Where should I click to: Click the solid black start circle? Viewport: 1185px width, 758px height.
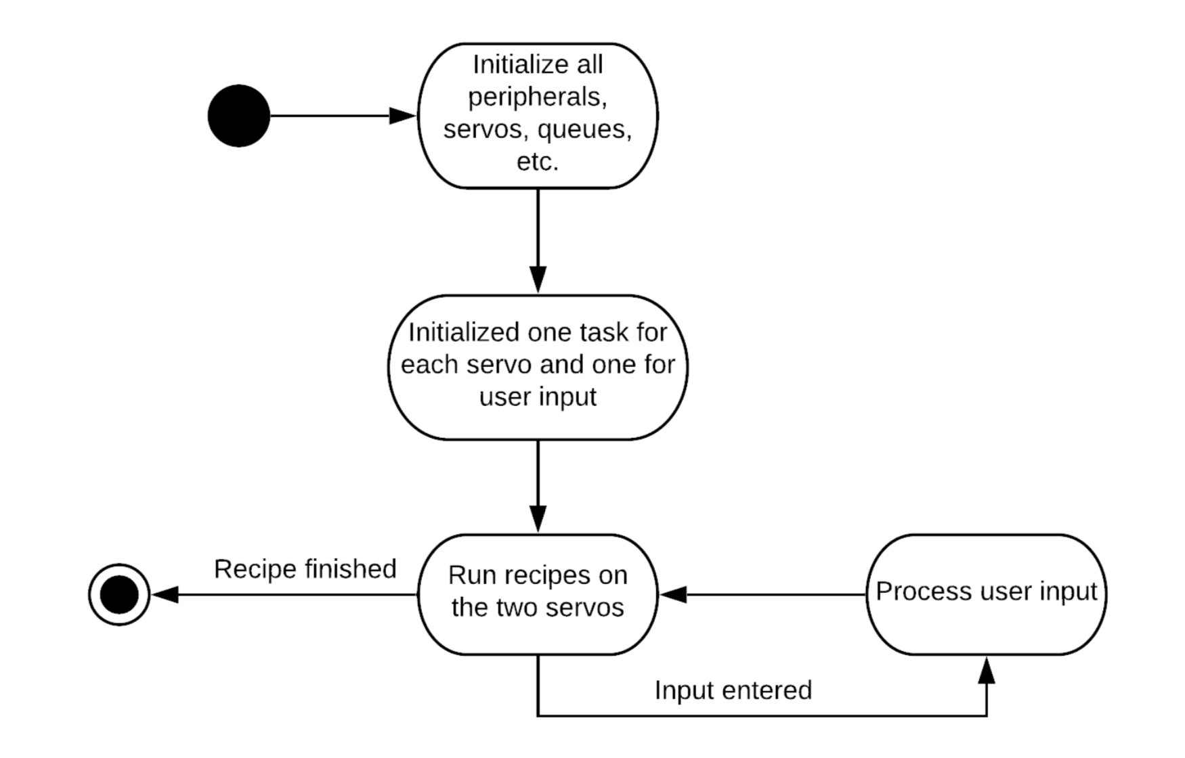pyautogui.click(x=238, y=116)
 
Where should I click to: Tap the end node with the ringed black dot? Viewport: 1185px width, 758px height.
pyautogui.click(x=119, y=595)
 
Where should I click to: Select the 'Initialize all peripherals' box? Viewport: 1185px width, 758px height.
pyautogui.click(x=538, y=116)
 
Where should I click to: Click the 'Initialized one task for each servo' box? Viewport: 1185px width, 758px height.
pyautogui.click(x=538, y=367)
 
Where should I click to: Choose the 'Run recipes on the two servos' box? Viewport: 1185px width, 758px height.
pyautogui.click(x=538, y=594)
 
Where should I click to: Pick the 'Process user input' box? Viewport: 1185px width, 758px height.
pyautogui.click(x=986, y=594)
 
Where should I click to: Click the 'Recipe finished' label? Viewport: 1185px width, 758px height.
pyautogui.click(x=305, y=569)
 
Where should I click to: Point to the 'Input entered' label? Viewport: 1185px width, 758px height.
pyautogui.click(x=733, y=690)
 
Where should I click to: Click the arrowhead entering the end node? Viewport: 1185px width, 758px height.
pyautogui.click(x=165, y=595)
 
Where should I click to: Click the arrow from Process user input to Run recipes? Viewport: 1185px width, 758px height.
pyautogui.click(x=765, y=595)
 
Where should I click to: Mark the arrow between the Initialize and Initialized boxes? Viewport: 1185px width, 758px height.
pyautogui.click(x=538, y=237)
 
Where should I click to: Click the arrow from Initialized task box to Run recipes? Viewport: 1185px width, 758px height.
pyautogui.click(x=538, y=484)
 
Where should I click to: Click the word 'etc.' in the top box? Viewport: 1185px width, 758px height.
pyautogui.click(x=538, y=162)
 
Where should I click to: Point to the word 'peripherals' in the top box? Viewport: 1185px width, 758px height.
pyautogui.click(x=538, y=97)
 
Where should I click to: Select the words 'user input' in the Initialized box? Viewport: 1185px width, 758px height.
pyautogui.click(x=538, y=397)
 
